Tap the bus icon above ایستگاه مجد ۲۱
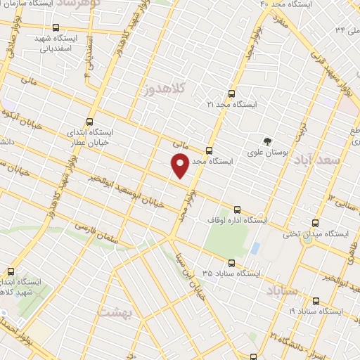coord(232,92)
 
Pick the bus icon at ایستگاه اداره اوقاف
coord(236,209)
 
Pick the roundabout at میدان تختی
coord(307,238)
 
